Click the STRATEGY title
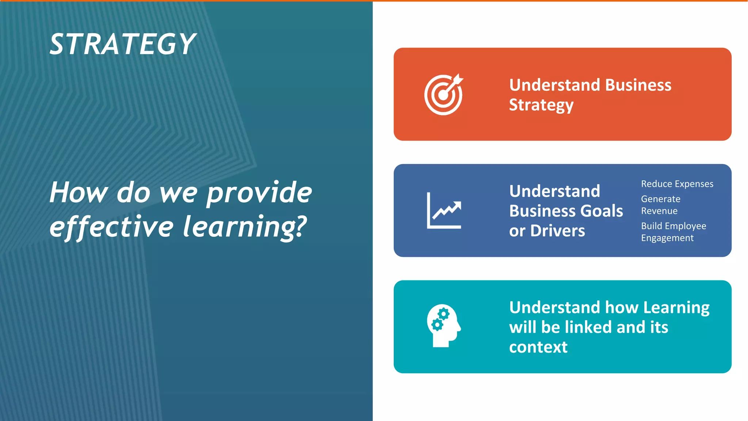pyautogui.click(x=123, y=44)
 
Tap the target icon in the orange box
pyautogui.click(x=443, y=95)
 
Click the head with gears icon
pyautogui.click(x=443, y=326)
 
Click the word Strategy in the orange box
pyautogui.click(x=541, y=105)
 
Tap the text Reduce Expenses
pyautogui.click(x=677, y=184)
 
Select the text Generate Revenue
pyautogui.click(x=660, y=205)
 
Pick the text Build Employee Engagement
pyautogui.click(x=673, y=232)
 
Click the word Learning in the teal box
pyautogui.click(x=676, y=308)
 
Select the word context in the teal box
pyautogui.click(x=538, y=347)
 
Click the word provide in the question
pyautogui.click(x=259, y=193)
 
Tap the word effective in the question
pyautogui.click(x=111, y=227)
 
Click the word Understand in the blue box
pyautogui.click(x=554, y=191)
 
